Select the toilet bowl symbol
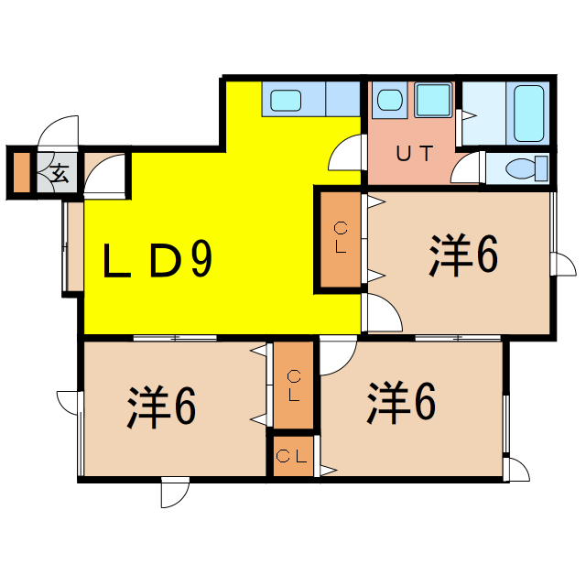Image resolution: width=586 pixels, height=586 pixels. click(526, 168)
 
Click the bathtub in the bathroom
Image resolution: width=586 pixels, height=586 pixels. click(528, 114)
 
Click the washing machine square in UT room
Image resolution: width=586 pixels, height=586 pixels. click(432, 99)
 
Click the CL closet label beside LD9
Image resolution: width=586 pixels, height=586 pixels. click(340, 238)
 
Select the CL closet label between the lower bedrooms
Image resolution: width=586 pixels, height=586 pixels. click(293, 385)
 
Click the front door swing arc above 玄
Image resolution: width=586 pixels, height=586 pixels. click(62, 130)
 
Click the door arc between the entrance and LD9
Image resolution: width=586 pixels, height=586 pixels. click(103, 175)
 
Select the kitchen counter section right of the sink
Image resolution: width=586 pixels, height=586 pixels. click(343, 98)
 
